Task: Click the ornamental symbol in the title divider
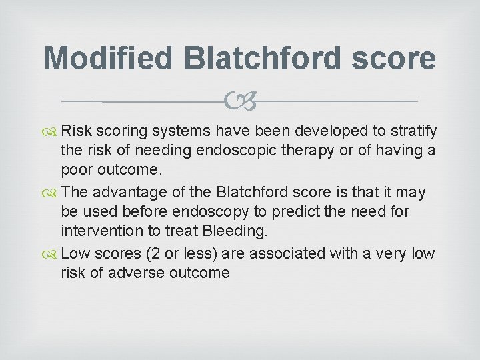241,102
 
